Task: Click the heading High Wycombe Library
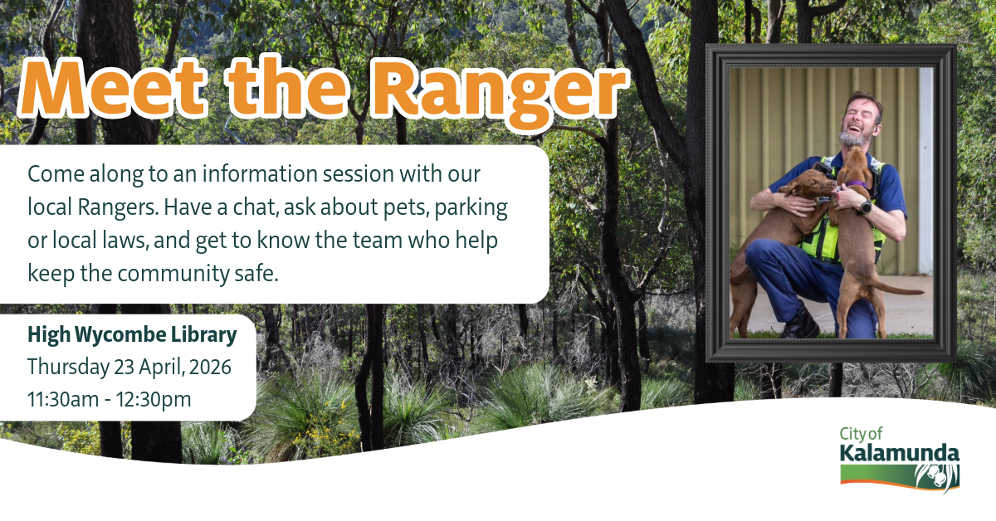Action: tap(132, 335)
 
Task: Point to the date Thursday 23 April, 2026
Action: tap(129, 368)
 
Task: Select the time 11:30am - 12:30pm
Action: tap(110, 399)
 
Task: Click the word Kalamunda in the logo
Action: tap(900, 454)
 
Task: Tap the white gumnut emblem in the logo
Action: tap(938, 478)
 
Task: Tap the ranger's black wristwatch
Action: tap(864, 207)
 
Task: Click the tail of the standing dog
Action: tap(896, 289)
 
